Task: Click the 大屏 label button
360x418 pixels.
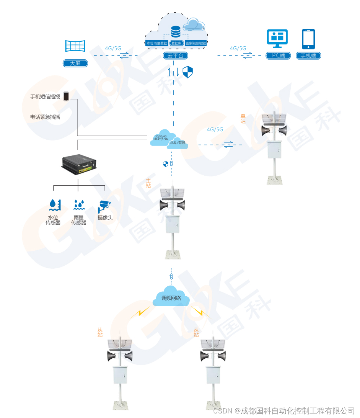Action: point(75,64)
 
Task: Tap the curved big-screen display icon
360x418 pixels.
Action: point(75,46)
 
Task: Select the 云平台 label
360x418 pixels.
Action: point(176,56)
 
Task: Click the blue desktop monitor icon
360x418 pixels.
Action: point(277,39)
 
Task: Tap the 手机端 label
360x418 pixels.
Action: point(308,56)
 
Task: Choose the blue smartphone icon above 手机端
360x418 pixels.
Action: point(308,39)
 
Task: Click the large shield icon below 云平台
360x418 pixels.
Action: point(187,72)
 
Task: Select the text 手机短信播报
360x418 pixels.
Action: point(45,97)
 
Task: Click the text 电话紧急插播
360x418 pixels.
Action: point(45,117)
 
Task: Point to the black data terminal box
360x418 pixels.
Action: point(79,164)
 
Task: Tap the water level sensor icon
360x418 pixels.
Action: point(55,205)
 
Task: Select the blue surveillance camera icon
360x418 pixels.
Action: point(104,206)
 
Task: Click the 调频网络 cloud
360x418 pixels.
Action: point(171,298)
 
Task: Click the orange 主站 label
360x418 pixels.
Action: point(148,183)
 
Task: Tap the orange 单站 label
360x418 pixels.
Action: point(243,119)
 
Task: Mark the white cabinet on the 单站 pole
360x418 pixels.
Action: point(274,149)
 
